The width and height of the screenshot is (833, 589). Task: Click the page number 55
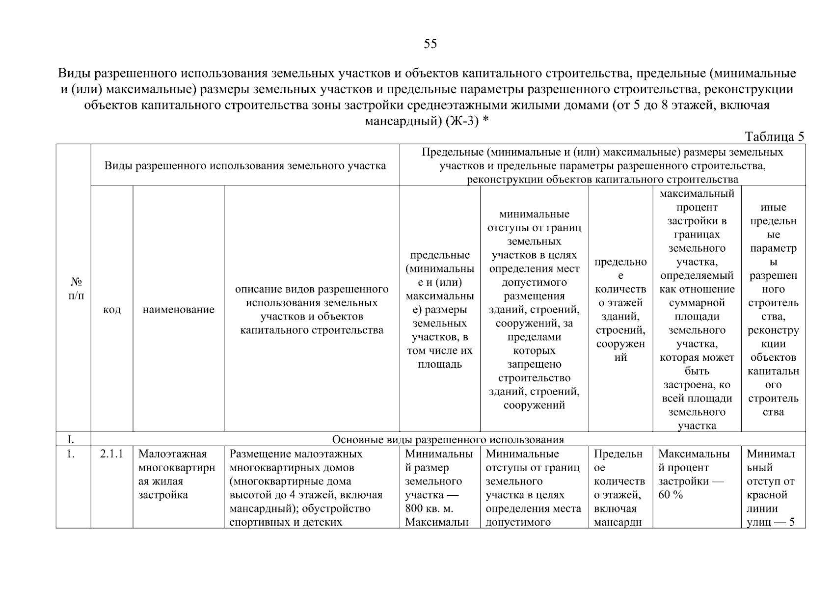tap(430, 44)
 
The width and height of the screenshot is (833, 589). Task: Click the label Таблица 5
tap(775, 136)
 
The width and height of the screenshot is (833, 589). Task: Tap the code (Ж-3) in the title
tap(462, 121)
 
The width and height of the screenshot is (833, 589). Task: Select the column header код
tap(112, 310)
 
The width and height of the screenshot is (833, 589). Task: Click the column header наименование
tap(178, 310)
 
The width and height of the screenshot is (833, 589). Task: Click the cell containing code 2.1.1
tap(111, 455)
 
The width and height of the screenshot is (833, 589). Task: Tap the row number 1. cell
tap(71, 455)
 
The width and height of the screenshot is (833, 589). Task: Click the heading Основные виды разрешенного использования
tap(448, 439)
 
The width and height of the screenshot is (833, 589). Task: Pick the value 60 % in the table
tap(671, 495)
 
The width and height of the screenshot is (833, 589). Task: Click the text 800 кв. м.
tap(426, 509)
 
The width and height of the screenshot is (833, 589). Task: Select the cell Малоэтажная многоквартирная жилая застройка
tap(177, 475)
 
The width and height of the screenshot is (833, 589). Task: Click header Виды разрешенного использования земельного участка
tap(245, 166)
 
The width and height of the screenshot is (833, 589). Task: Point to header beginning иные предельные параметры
tap(773, 310)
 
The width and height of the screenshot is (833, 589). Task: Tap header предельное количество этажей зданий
tap(620, 310)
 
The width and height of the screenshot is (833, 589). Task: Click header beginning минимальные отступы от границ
tap(534, 310)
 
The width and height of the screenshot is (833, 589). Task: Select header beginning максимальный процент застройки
tap(697, 310)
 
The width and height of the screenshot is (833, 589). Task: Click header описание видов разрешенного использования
tap(312, 310)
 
